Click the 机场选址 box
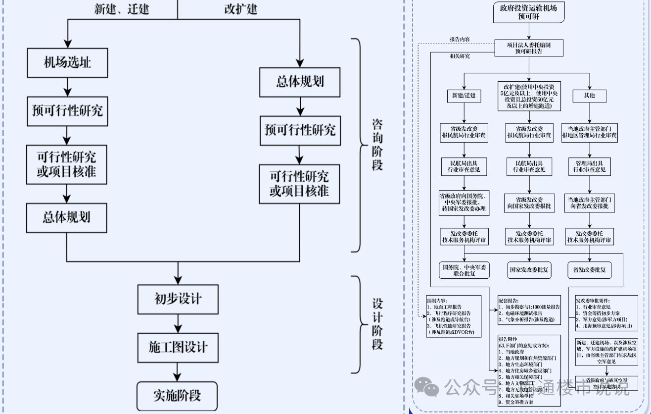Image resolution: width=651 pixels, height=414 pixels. coord(67,63)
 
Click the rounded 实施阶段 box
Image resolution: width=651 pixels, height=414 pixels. coord(177,396)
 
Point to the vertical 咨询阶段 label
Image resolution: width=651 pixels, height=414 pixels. coord(377,145)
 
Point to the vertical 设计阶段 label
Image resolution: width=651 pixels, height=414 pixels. coord(377,324)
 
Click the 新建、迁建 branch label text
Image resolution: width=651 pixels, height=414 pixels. coord(122,9)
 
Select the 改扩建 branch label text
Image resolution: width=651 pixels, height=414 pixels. coord(240,9)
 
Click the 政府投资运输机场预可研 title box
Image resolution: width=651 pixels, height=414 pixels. coord(528,12)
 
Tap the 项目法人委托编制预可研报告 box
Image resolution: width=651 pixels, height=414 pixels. coord(528,48)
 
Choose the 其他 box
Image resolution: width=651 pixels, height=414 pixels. coord(589,95)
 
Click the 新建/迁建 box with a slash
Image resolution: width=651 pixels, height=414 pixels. coord(464,95)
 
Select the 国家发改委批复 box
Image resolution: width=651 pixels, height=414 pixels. coord(528,270)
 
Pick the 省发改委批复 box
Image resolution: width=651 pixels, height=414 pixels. coord(589,270)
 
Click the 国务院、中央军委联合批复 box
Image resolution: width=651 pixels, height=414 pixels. coord(464,270)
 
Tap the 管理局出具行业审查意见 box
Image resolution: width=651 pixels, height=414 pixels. coord(590,166)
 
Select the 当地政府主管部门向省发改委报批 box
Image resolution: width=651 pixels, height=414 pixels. coord(590,202)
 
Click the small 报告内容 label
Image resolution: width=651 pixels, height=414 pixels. coord(460,39)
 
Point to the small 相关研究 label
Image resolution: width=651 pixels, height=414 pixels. coord(460,56)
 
